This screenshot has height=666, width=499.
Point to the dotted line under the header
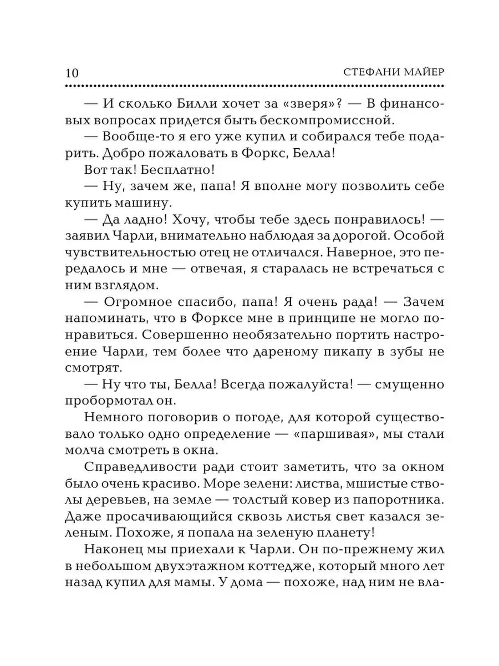pos(255,86)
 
